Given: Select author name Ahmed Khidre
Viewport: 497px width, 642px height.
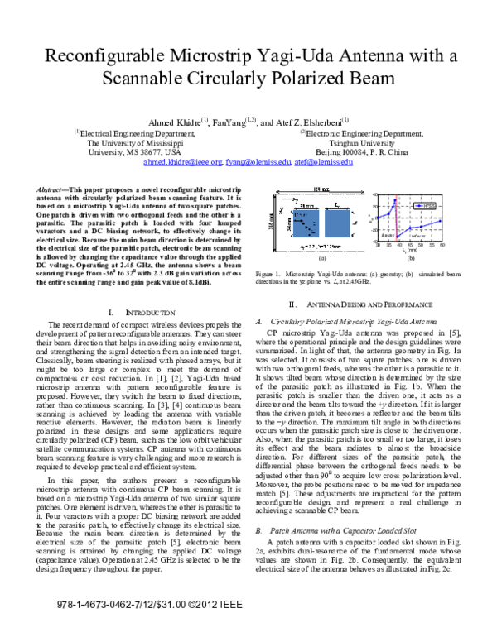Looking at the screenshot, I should [x=177, y=122].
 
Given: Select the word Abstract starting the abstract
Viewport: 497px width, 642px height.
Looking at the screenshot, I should [x=54, y=189].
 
